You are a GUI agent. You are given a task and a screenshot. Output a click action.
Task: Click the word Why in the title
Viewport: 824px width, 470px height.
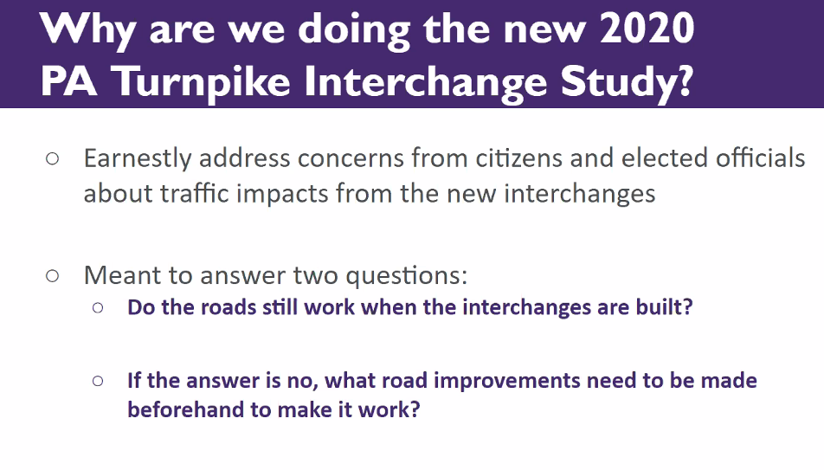point(87,29)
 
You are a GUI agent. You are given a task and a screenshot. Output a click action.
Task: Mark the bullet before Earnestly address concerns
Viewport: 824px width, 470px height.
point(52,159)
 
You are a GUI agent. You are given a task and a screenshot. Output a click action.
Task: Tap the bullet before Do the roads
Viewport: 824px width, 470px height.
point(98,308)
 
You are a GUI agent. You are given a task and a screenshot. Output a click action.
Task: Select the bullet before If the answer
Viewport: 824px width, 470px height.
point(98,380)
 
